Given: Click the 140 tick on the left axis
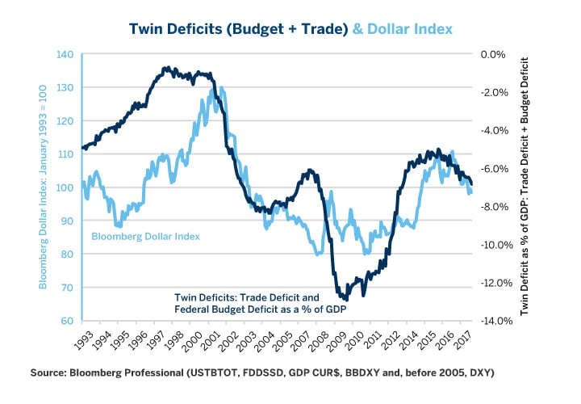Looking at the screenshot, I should click(x=65, y=54).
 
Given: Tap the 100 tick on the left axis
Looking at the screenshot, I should click(x=65, y=187).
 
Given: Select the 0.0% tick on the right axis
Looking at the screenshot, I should click(x=492, y=54).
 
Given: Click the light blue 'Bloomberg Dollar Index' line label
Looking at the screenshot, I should click(x=145, y=236).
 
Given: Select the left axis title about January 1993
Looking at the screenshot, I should click(x=44, y=187).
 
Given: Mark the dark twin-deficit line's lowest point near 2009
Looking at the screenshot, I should click(x=345, y=298).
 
